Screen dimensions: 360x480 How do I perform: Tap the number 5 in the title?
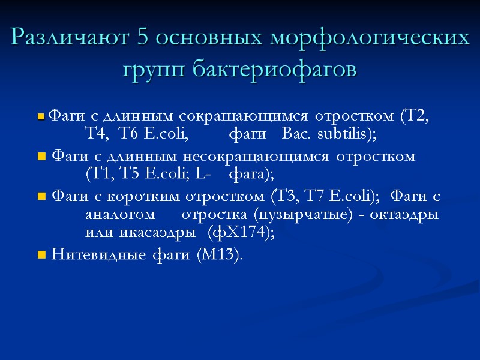coord(143,38)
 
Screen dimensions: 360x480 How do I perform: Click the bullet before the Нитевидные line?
coord(41,256)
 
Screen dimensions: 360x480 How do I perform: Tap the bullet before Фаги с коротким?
coord(41,197)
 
